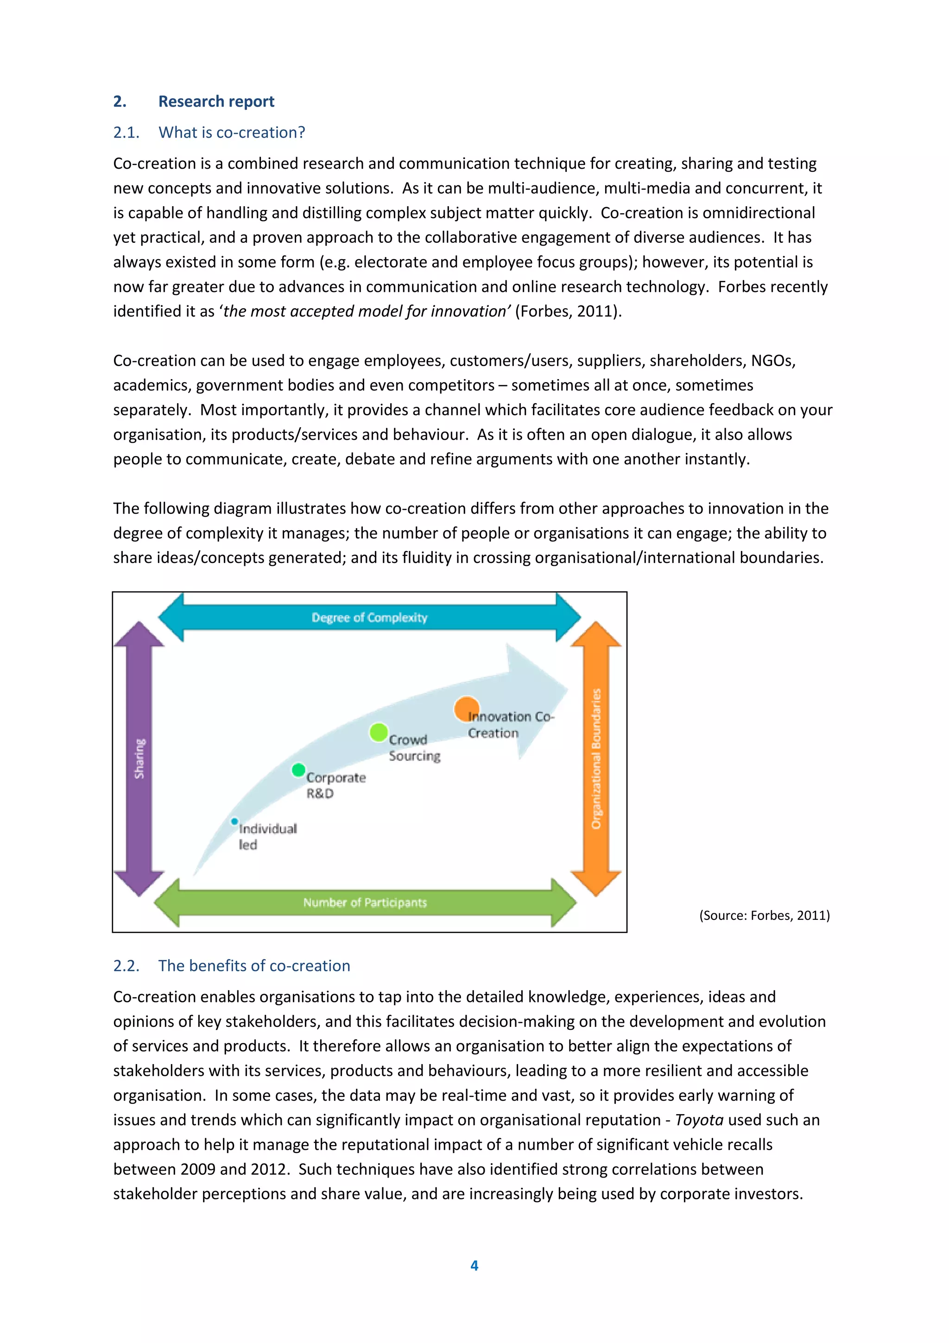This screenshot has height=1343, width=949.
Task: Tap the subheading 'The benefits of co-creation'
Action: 254,966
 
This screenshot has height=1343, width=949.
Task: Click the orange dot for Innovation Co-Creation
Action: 466,709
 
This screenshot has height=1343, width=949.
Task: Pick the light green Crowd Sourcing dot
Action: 378,732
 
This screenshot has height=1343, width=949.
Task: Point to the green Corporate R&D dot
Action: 298,770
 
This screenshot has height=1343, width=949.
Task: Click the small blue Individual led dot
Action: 234,821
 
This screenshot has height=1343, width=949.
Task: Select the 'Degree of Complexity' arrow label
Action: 369,618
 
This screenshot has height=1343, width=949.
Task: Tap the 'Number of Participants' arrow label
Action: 365,903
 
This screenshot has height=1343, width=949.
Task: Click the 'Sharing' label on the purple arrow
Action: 139,759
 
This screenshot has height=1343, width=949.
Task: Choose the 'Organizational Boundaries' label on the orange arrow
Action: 596,759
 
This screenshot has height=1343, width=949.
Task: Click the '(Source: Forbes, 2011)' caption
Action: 764,915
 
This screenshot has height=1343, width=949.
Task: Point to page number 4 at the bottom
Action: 474,1265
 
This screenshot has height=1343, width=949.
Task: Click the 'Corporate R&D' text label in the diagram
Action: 335,785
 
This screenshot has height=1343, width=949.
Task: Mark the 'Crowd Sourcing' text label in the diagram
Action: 414,748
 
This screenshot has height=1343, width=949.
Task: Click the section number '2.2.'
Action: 127,966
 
